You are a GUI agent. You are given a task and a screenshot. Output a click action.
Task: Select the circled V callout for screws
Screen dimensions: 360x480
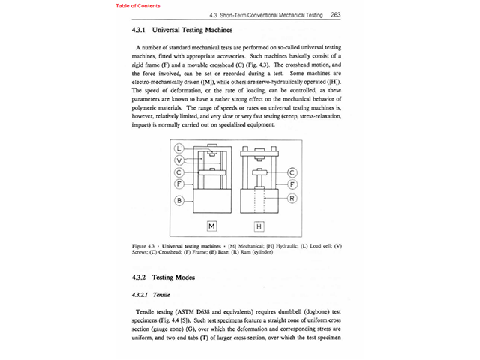180,160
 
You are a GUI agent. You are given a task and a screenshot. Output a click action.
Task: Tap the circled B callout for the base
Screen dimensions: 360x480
180,200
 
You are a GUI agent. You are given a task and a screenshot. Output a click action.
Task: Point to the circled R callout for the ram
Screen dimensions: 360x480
293,199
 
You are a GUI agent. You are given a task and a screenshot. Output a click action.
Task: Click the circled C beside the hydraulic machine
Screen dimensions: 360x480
293,172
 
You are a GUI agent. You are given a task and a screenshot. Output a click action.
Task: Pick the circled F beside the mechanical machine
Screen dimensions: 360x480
180,183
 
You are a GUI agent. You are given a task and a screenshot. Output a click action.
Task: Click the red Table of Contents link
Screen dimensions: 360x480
137,5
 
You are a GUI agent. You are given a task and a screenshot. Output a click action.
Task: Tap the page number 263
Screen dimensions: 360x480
336,14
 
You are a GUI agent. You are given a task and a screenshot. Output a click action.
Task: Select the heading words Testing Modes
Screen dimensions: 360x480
174,277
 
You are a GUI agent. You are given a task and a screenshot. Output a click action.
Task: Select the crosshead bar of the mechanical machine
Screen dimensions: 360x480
212,173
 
